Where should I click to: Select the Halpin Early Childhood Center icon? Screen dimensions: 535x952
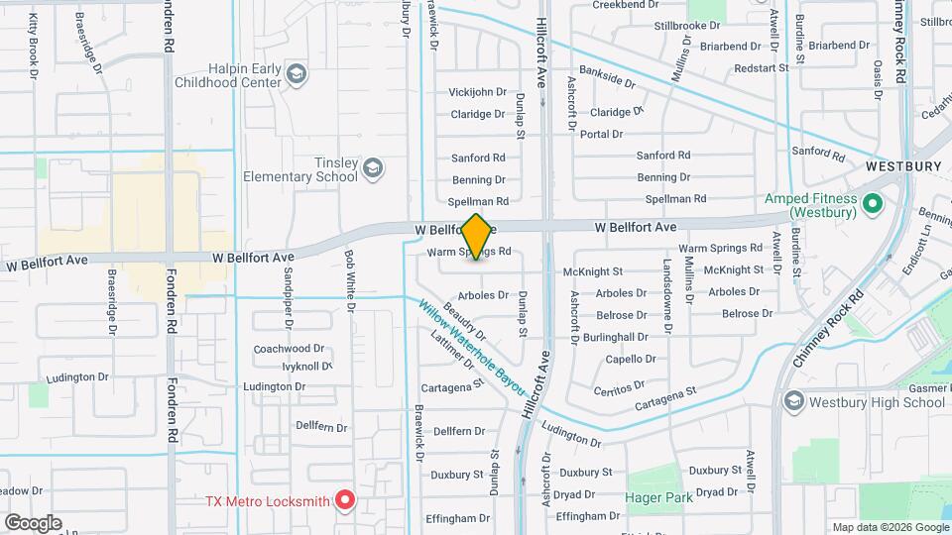click(297, 74)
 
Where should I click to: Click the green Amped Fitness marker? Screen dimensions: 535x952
click(873, 205)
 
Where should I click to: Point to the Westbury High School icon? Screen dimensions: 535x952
click(793, 402)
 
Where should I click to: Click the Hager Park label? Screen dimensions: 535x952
click(658, 497)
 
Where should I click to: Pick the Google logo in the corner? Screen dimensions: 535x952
click(33, 522)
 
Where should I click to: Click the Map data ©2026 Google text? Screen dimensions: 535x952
click(890, 527)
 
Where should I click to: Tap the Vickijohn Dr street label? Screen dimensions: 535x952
click(478, 92)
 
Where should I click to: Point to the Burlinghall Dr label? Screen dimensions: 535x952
click(616, 337)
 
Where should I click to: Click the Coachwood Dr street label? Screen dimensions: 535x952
click(290, 349)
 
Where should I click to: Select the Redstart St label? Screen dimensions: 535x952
click(761, 68)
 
